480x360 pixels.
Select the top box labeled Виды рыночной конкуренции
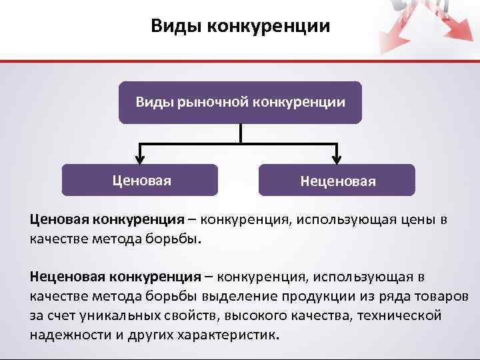[x=240, y=102]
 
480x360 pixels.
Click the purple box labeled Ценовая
[x=140, y=180]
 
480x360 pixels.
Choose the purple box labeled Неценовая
[x=337, y=180]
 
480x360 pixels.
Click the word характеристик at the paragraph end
[x=226, y=334]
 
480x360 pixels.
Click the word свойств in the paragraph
[x=191, y=315]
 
